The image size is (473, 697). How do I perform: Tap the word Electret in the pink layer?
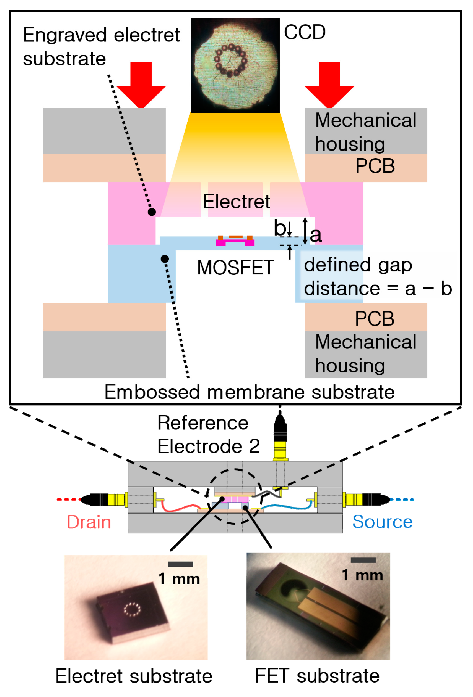click(x=236, y=202)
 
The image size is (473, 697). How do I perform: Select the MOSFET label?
click(x=235, y=268)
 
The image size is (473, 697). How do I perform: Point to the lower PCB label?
click(x=375, y=319)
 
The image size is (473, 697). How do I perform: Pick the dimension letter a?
click(x=315, y=235)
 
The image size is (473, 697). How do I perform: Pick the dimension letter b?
click(x=280, y=228)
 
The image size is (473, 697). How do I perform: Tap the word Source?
click(x=382, y=522)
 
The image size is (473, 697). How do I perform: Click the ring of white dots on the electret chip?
click(x=132, y=609)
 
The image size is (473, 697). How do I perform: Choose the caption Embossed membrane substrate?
click(x=249, y=392)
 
